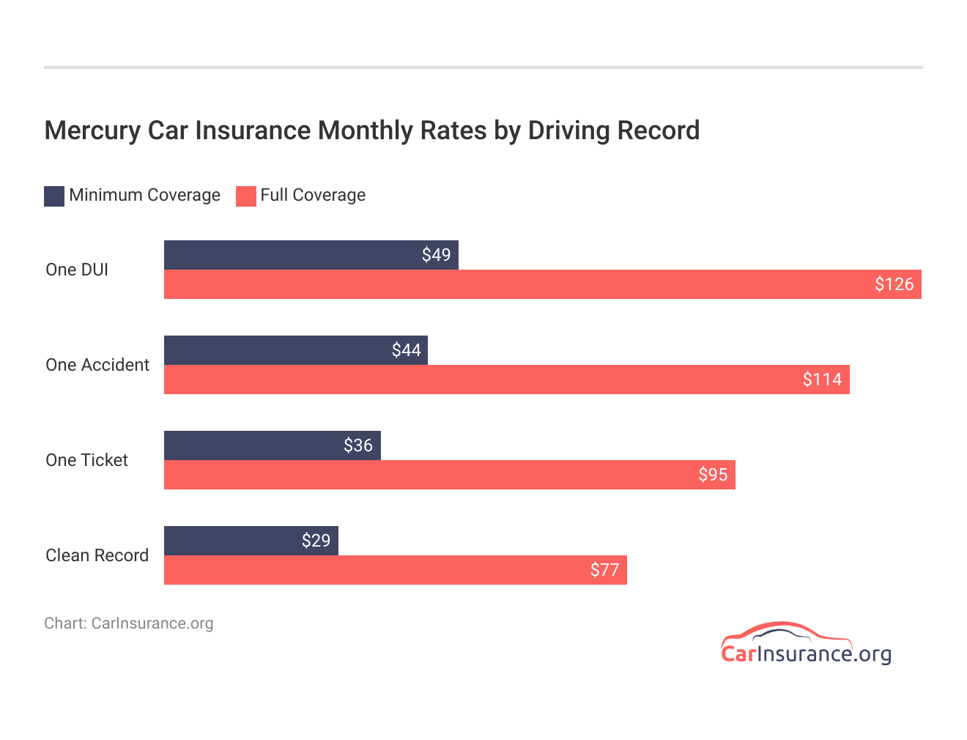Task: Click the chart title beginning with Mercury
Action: pos(371,130)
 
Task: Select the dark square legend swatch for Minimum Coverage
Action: pos(54,196)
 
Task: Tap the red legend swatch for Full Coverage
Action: pos(246,196)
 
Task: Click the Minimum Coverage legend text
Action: pos(144,195)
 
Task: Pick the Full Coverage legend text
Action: pos(313,195)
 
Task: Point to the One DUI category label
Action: pos(77,270)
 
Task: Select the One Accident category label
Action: pos(97,365)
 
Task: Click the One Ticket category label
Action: pos(86,460)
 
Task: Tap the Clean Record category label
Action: pos(97,555)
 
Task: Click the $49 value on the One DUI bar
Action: pos(436,255)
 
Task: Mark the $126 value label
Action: pos(894,284)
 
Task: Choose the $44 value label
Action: pos(406,350)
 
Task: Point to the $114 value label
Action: pos(822,380)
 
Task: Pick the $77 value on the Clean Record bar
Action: pos(604,570)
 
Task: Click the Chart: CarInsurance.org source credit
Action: pos(129,624)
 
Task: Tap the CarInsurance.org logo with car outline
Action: pos(805,644)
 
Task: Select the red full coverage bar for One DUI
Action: pos(513,284)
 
